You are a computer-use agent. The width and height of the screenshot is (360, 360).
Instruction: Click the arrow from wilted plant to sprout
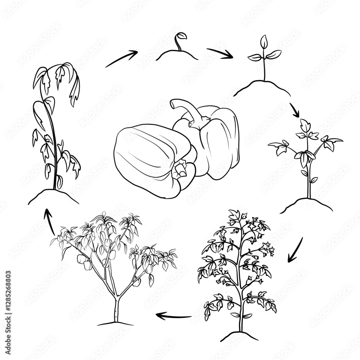122,58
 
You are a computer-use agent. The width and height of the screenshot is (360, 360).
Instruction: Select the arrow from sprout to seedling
220,53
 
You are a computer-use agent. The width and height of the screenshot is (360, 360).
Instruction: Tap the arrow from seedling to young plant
294,110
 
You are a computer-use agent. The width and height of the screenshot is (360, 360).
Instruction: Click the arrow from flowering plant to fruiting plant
175,316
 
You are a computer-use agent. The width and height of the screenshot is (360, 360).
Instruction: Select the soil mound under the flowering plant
239,336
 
